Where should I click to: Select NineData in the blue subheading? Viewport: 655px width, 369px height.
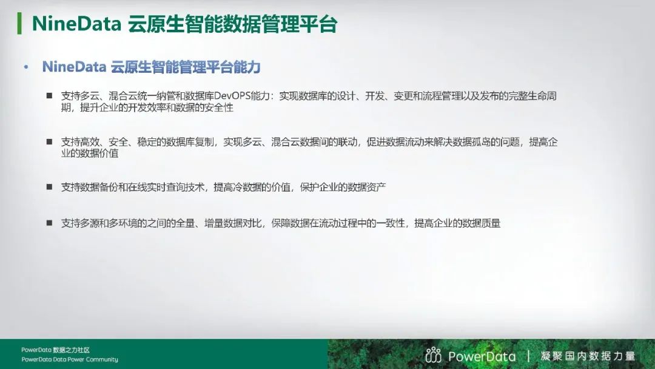(x=74, y=67)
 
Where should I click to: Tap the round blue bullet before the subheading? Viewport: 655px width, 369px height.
(x=25, y=67)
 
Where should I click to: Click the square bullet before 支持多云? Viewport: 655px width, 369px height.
(x=49, y=96)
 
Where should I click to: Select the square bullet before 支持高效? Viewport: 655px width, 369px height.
(x=49, y=142)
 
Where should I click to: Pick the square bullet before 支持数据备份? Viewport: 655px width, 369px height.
(x=49, y=188)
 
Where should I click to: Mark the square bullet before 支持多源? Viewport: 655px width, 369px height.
(x=49, y=223)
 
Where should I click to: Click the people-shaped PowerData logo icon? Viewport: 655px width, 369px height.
(x=434, y=355)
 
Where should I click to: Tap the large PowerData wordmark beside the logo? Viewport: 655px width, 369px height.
(x=482, y=356)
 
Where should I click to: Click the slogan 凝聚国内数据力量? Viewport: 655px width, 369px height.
(x=588, y=356)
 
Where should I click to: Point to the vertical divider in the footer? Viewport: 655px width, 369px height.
(x=529, y=356)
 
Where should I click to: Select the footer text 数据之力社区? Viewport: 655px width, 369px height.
(x=72, y=350)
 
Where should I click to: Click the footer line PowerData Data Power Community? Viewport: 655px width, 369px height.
(x=70, y=359)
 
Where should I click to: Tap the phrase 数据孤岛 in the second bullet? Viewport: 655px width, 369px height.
(x=457, y=143)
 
